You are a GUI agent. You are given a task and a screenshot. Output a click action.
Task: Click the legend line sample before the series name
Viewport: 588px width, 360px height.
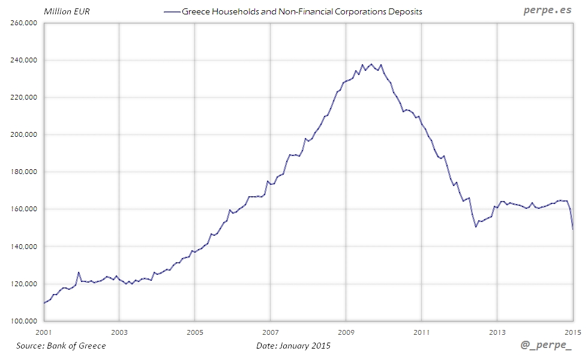172,11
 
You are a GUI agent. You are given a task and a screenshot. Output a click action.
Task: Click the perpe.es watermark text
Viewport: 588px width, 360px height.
547,10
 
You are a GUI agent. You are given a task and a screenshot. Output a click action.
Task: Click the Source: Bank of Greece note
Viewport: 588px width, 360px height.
61,346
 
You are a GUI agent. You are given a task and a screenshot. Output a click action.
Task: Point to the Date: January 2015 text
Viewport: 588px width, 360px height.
293,346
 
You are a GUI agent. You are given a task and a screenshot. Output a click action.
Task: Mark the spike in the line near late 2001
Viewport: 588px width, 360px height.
78,272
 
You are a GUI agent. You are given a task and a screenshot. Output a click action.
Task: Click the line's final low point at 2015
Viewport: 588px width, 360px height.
573,229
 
